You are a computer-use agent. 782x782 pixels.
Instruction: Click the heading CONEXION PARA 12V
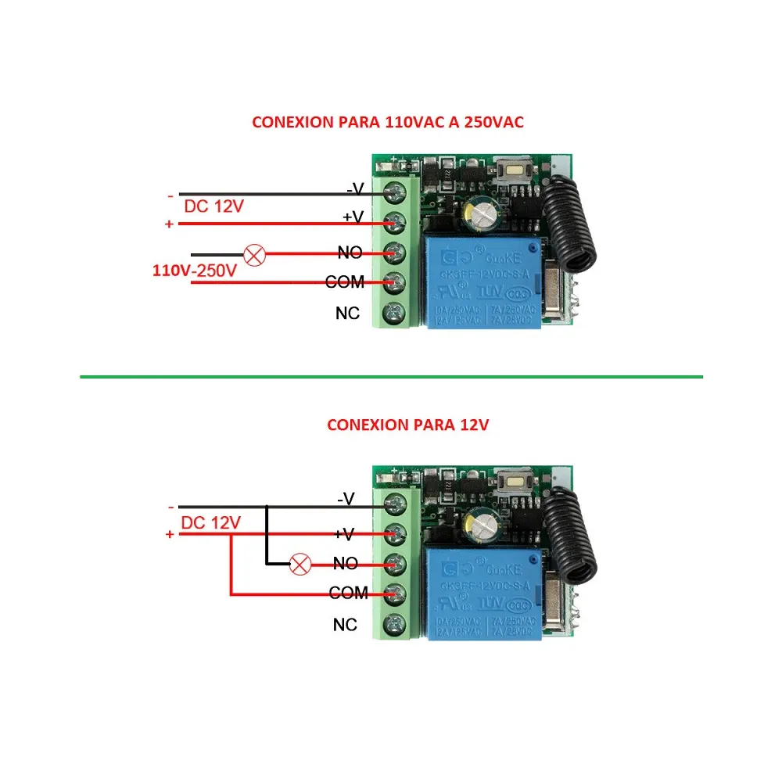[x=407, y=425]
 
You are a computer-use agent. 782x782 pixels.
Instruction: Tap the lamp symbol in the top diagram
[x=254, y=254]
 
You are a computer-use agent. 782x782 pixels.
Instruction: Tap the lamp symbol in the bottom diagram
[x=299, y=563]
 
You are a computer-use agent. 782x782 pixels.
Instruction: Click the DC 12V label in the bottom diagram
[x=210, y=522]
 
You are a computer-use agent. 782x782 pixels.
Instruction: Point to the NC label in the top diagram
[x=347, y=313]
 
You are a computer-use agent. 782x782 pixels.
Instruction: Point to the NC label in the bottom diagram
[x=345, y=625]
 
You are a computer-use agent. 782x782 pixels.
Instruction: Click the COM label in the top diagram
[x=345, y=282]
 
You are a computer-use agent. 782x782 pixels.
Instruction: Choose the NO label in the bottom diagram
[x=345, y=563]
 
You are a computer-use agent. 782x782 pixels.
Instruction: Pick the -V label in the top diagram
[x=355, y=188]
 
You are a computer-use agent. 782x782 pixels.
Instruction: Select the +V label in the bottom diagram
[x=345, y=533]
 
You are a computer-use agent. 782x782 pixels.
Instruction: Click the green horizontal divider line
[x=391, y=377]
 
